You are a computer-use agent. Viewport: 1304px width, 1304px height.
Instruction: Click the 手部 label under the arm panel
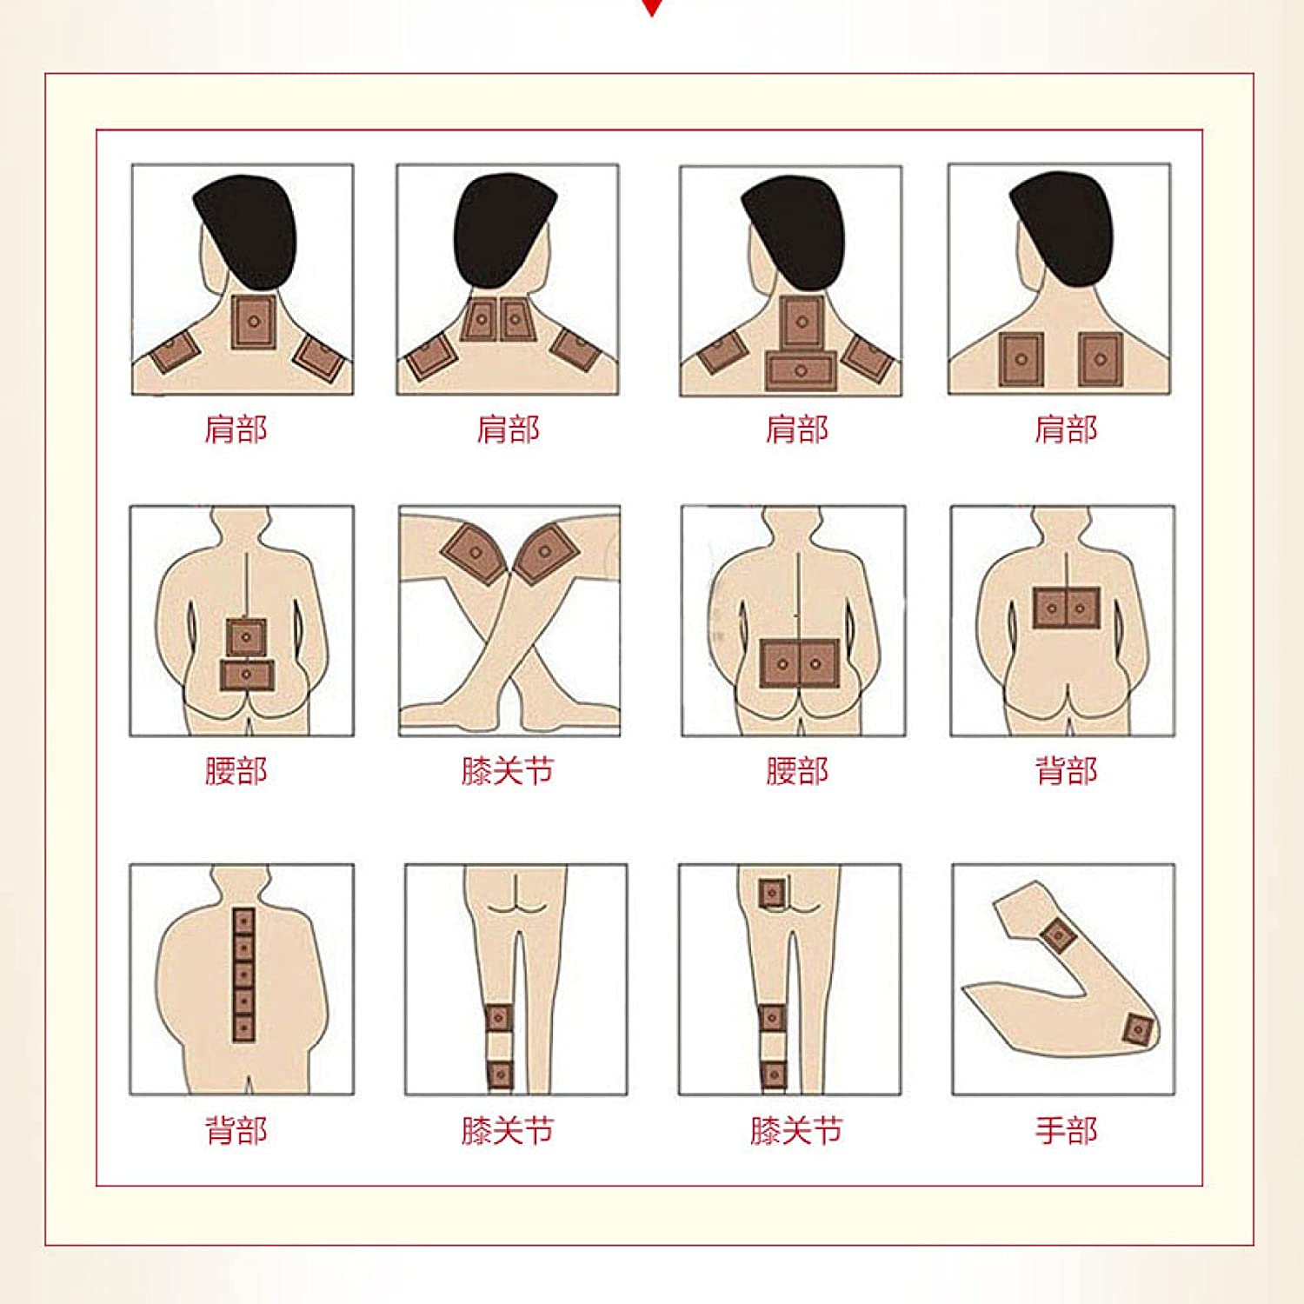(1066, 1130)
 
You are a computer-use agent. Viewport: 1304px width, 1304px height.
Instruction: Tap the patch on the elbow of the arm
(1137, 1030)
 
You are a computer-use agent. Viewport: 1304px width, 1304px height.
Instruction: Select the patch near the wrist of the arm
(1059, 935)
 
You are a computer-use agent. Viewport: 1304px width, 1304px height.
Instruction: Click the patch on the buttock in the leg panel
(772, 894)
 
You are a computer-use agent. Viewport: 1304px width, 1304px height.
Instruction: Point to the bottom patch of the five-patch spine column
(243, 1028)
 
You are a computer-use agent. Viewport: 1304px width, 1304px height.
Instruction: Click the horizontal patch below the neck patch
(801, 370)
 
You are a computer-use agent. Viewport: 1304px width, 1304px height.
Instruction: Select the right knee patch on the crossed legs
(544, 551)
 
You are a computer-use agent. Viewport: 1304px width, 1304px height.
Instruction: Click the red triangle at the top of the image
(652, 7)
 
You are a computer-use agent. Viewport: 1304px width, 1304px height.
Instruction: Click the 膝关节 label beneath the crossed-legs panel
(507, 770)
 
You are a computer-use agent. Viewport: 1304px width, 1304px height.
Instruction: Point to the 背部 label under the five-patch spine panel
(236, 1130)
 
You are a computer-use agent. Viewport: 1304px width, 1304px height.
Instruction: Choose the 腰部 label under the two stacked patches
(236, 770)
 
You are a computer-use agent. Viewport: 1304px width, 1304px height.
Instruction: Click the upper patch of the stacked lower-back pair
(246, 637)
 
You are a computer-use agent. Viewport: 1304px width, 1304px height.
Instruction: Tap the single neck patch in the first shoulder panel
(253, 322)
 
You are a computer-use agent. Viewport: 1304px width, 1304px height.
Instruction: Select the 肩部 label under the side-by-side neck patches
(508, 429)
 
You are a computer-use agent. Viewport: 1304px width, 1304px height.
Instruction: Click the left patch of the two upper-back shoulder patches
(1021, 359)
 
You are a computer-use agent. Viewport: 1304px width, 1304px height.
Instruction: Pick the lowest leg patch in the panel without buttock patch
(499, 1074)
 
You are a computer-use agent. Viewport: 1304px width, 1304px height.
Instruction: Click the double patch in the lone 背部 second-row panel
(1066, 608)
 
